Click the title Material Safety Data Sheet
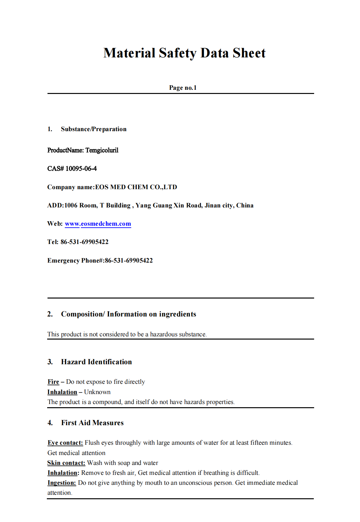point(184,53)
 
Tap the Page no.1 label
point(183,88)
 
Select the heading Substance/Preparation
point(94,129)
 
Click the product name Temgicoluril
point(102,150)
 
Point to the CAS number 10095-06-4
point(81,169)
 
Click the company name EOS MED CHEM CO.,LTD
point(136,187)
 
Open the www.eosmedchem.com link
point(98,224)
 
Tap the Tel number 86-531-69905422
point(84,242)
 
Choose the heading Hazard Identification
point(96,362)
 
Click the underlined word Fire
point(53,382)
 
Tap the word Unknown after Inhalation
point(97,392)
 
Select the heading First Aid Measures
point(92,423)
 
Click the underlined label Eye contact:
point(65,443)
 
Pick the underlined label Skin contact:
point(66,463)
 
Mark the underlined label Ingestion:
point(62,483)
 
